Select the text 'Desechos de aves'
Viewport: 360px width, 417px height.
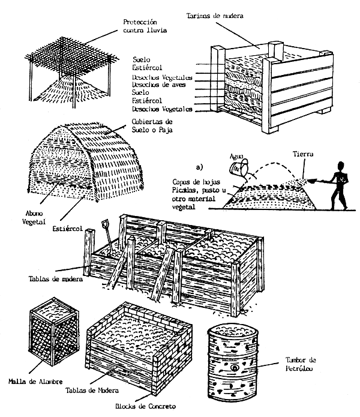[x=158, y=85]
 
